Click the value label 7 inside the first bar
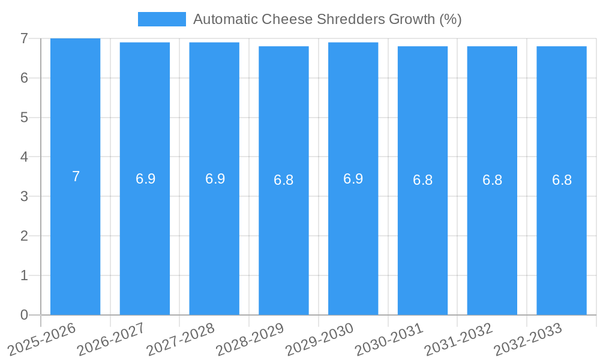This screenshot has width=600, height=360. click(76, 176)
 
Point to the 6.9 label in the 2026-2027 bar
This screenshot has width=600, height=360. click(145, 179)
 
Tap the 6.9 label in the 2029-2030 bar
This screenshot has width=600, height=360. click(353, 179)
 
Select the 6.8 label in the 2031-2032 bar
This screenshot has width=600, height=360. click(492, 180)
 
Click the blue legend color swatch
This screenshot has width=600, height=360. click(161, 19)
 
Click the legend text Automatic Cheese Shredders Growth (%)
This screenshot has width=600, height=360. click(327, 19)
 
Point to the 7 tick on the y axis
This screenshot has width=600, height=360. click(24, 38)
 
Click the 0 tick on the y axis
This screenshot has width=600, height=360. click(24, 315)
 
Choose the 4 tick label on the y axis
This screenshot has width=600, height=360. click(24, 157)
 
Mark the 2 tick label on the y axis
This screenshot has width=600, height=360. click(24, 236)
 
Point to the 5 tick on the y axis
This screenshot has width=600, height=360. click(24, 118)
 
